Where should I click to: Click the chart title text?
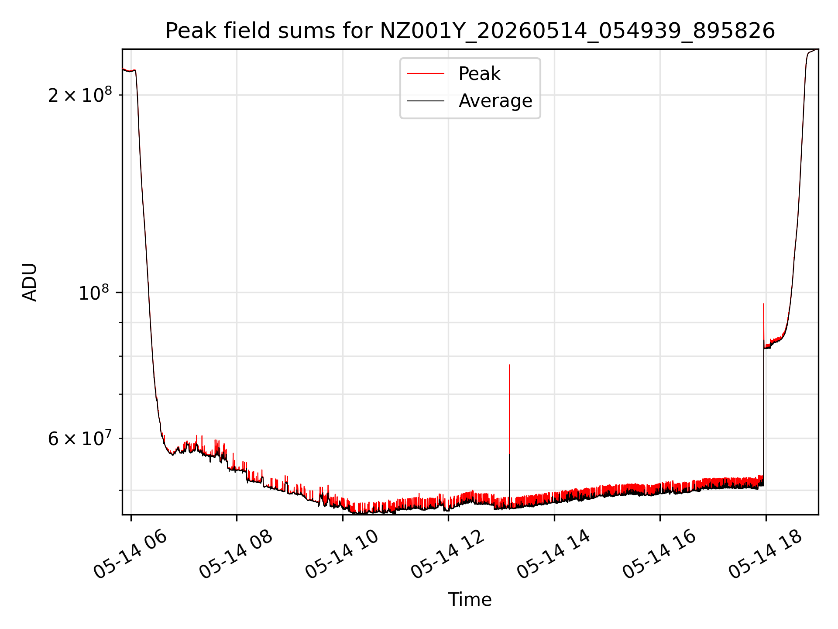pos(470,31)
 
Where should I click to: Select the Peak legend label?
pos(479,74)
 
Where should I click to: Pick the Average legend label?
pos(495,101)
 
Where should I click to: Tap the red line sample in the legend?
pos(426,74)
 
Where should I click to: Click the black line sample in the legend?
pos(426,101)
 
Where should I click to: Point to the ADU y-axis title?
pos(30,282)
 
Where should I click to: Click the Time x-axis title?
pos(470,600)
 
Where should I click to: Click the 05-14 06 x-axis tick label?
pos(131,554)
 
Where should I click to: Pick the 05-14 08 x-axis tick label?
pos(236,554)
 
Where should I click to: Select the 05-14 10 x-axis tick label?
pos(342,554)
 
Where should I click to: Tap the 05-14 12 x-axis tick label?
pos(448,554)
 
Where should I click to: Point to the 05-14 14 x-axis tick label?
pos(554,554)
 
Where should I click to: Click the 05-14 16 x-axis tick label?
pos(659,554)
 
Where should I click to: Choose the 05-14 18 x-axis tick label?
pos(766,554)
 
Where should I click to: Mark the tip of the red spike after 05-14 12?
pos(509,365)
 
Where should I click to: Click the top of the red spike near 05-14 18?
pos(763,304)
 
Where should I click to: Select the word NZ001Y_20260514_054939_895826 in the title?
pos(577,31)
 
